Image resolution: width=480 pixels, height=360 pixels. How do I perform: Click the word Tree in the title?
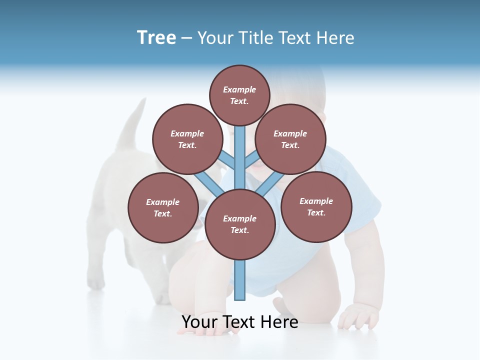pyautogui.click(x=156, y=37)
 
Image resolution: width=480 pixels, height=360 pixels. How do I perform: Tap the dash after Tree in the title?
pyautogui.click(x=186, y=38)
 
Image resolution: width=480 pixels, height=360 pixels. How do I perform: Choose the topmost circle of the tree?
pyautogui.click(x=240, y=95)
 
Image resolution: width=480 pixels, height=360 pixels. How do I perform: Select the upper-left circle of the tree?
pyautogui.click(x=187, y=139)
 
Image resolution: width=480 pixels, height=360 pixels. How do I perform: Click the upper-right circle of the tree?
pyautogui.click(x=290, y=139)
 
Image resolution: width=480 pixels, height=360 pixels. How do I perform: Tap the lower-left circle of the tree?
pyautogui.click(x=163, y=207)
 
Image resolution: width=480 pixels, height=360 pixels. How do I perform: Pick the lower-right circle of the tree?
pyautogui.click(x=316, y=206)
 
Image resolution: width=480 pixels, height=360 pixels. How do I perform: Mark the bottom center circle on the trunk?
pyautogui.click(x=240, y=224)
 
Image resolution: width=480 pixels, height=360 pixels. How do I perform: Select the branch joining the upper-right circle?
pyautogui.click(x=251, y=160)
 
